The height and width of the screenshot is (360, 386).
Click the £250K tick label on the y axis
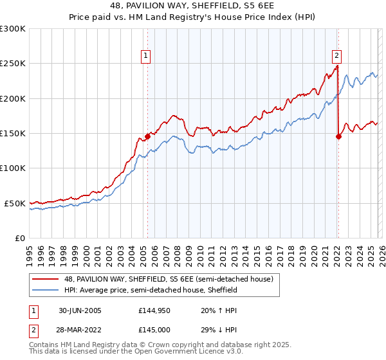click(13, 64)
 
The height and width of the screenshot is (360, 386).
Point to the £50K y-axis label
click(15, 203)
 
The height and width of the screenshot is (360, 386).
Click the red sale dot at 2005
click(147, 136)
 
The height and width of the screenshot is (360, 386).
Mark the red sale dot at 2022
click(338, 136)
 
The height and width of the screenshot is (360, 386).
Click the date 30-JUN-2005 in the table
click(80, 310)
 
